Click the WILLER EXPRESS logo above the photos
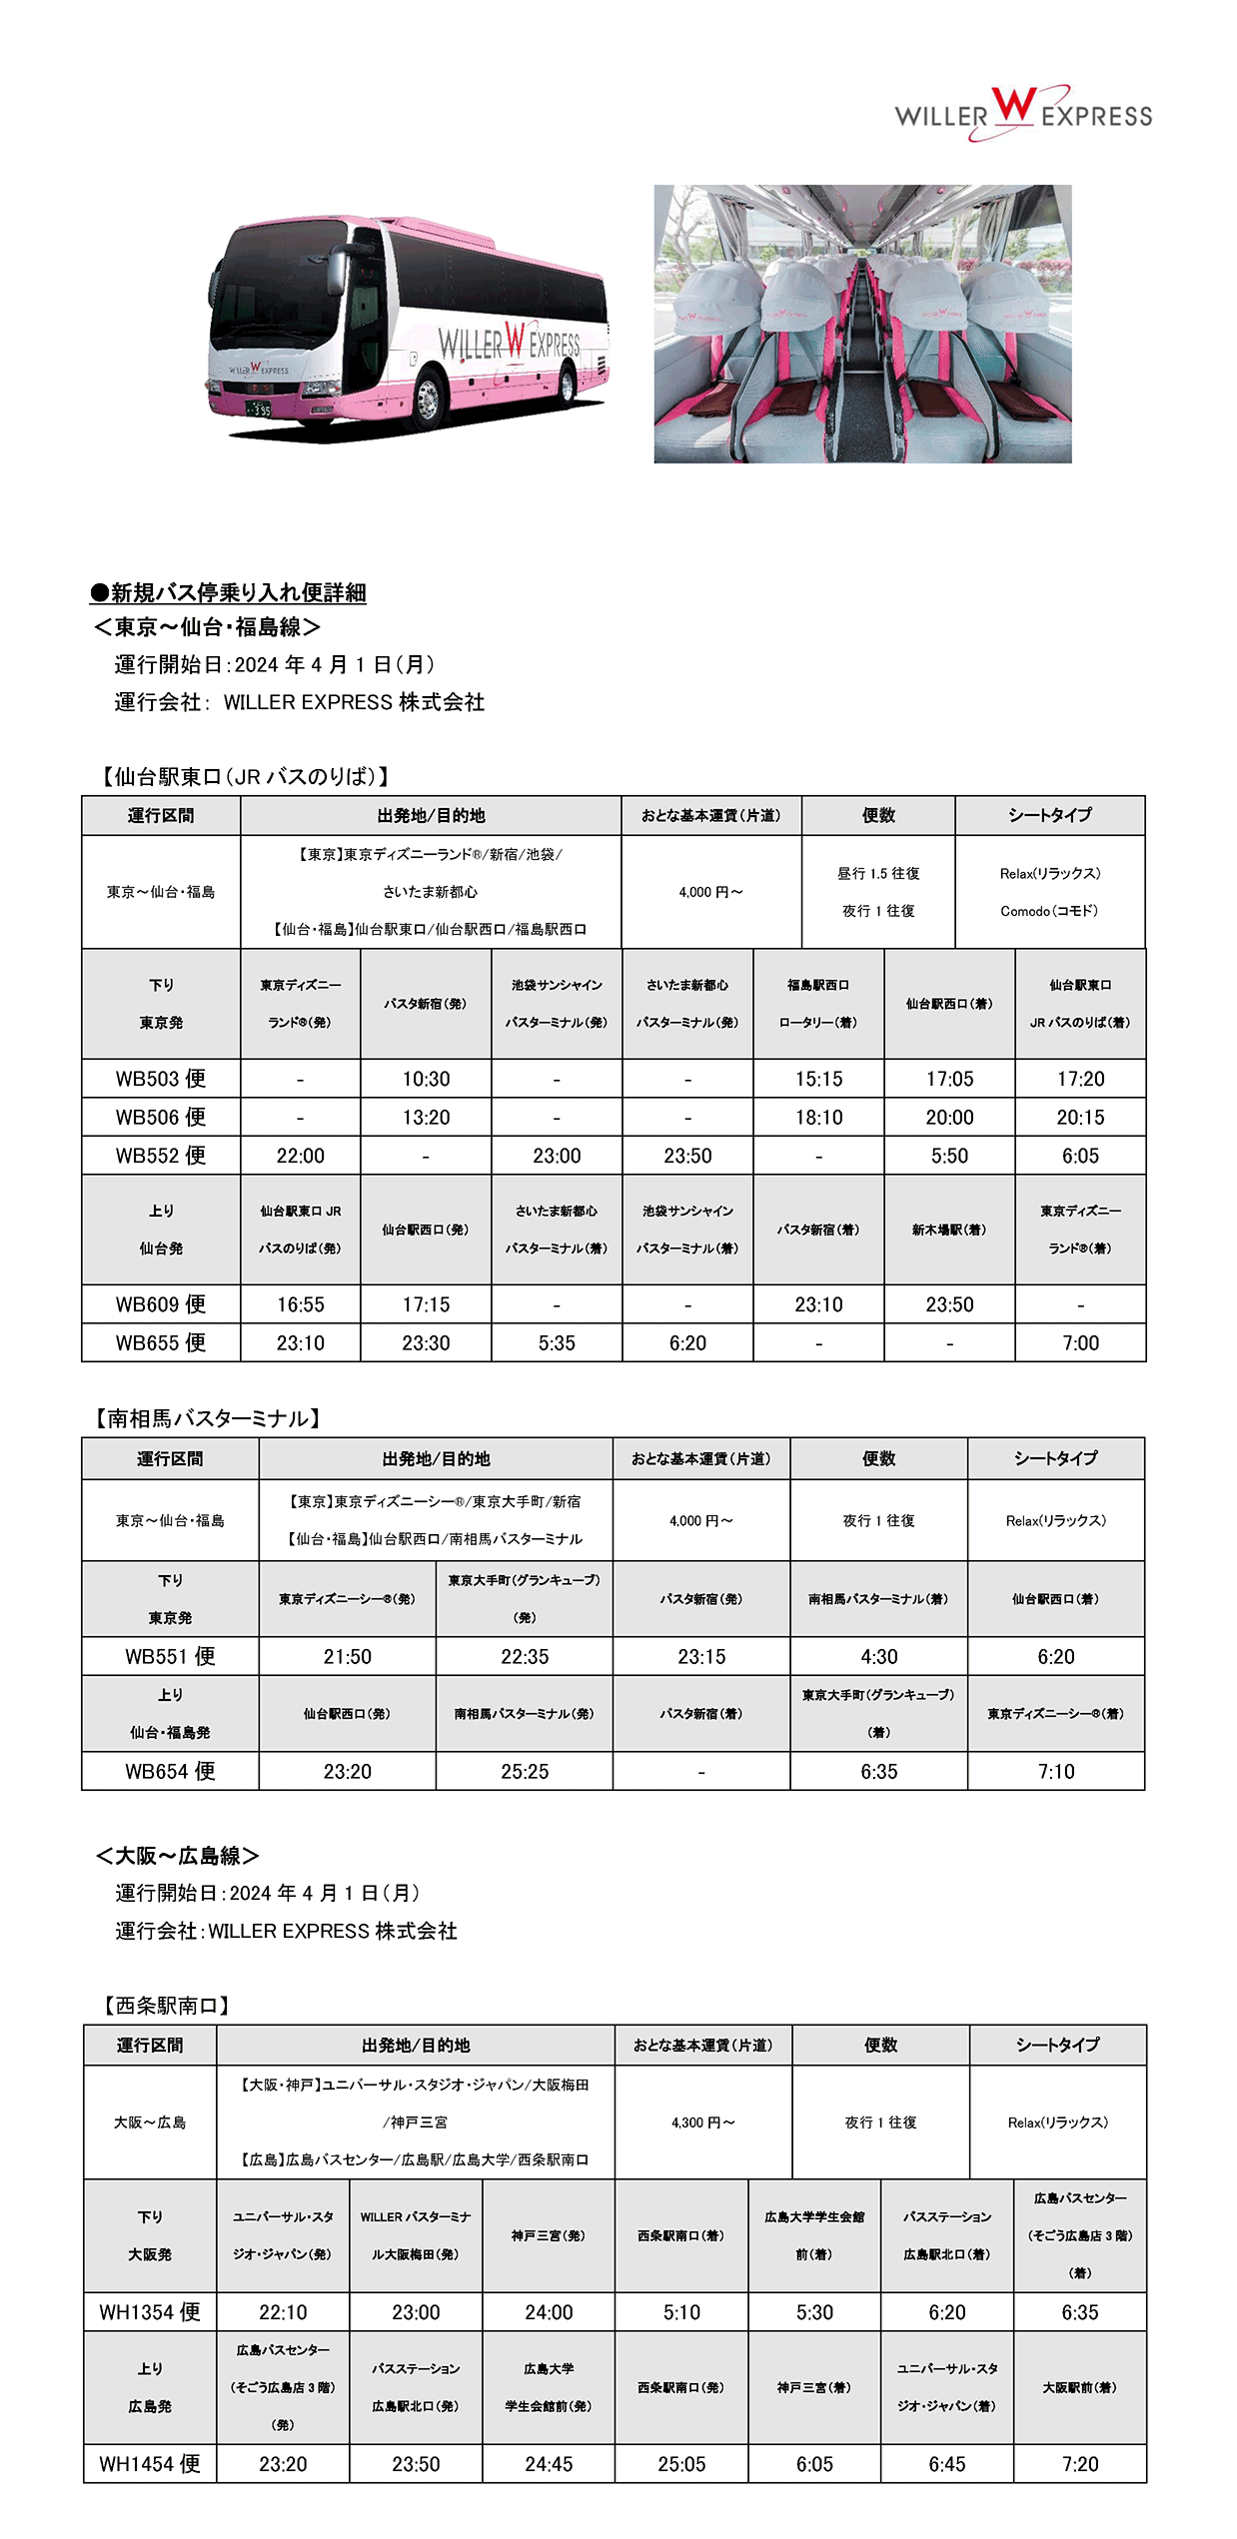click(1022, 114)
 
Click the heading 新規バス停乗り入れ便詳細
click(229, 593)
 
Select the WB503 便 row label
click(161, 1079)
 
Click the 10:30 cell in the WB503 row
click(426, 1079)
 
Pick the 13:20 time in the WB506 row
click(426, 1118)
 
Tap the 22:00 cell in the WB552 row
click(300, 1156)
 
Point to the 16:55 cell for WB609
click(300, 1304)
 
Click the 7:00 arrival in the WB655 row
click(1080, 1343)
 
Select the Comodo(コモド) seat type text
click(1049, 911)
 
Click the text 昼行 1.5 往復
click(878, 873)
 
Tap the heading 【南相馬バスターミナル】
click(208, 1418)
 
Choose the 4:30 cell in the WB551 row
click(878, 1657)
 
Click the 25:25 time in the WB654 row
click(525, 1772)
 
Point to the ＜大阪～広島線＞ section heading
click(178, 1856)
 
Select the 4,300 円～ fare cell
click(703, 2122)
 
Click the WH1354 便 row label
click(150, 2312)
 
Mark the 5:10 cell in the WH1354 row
click(681, 2312)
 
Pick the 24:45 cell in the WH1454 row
click(549, 2464)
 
